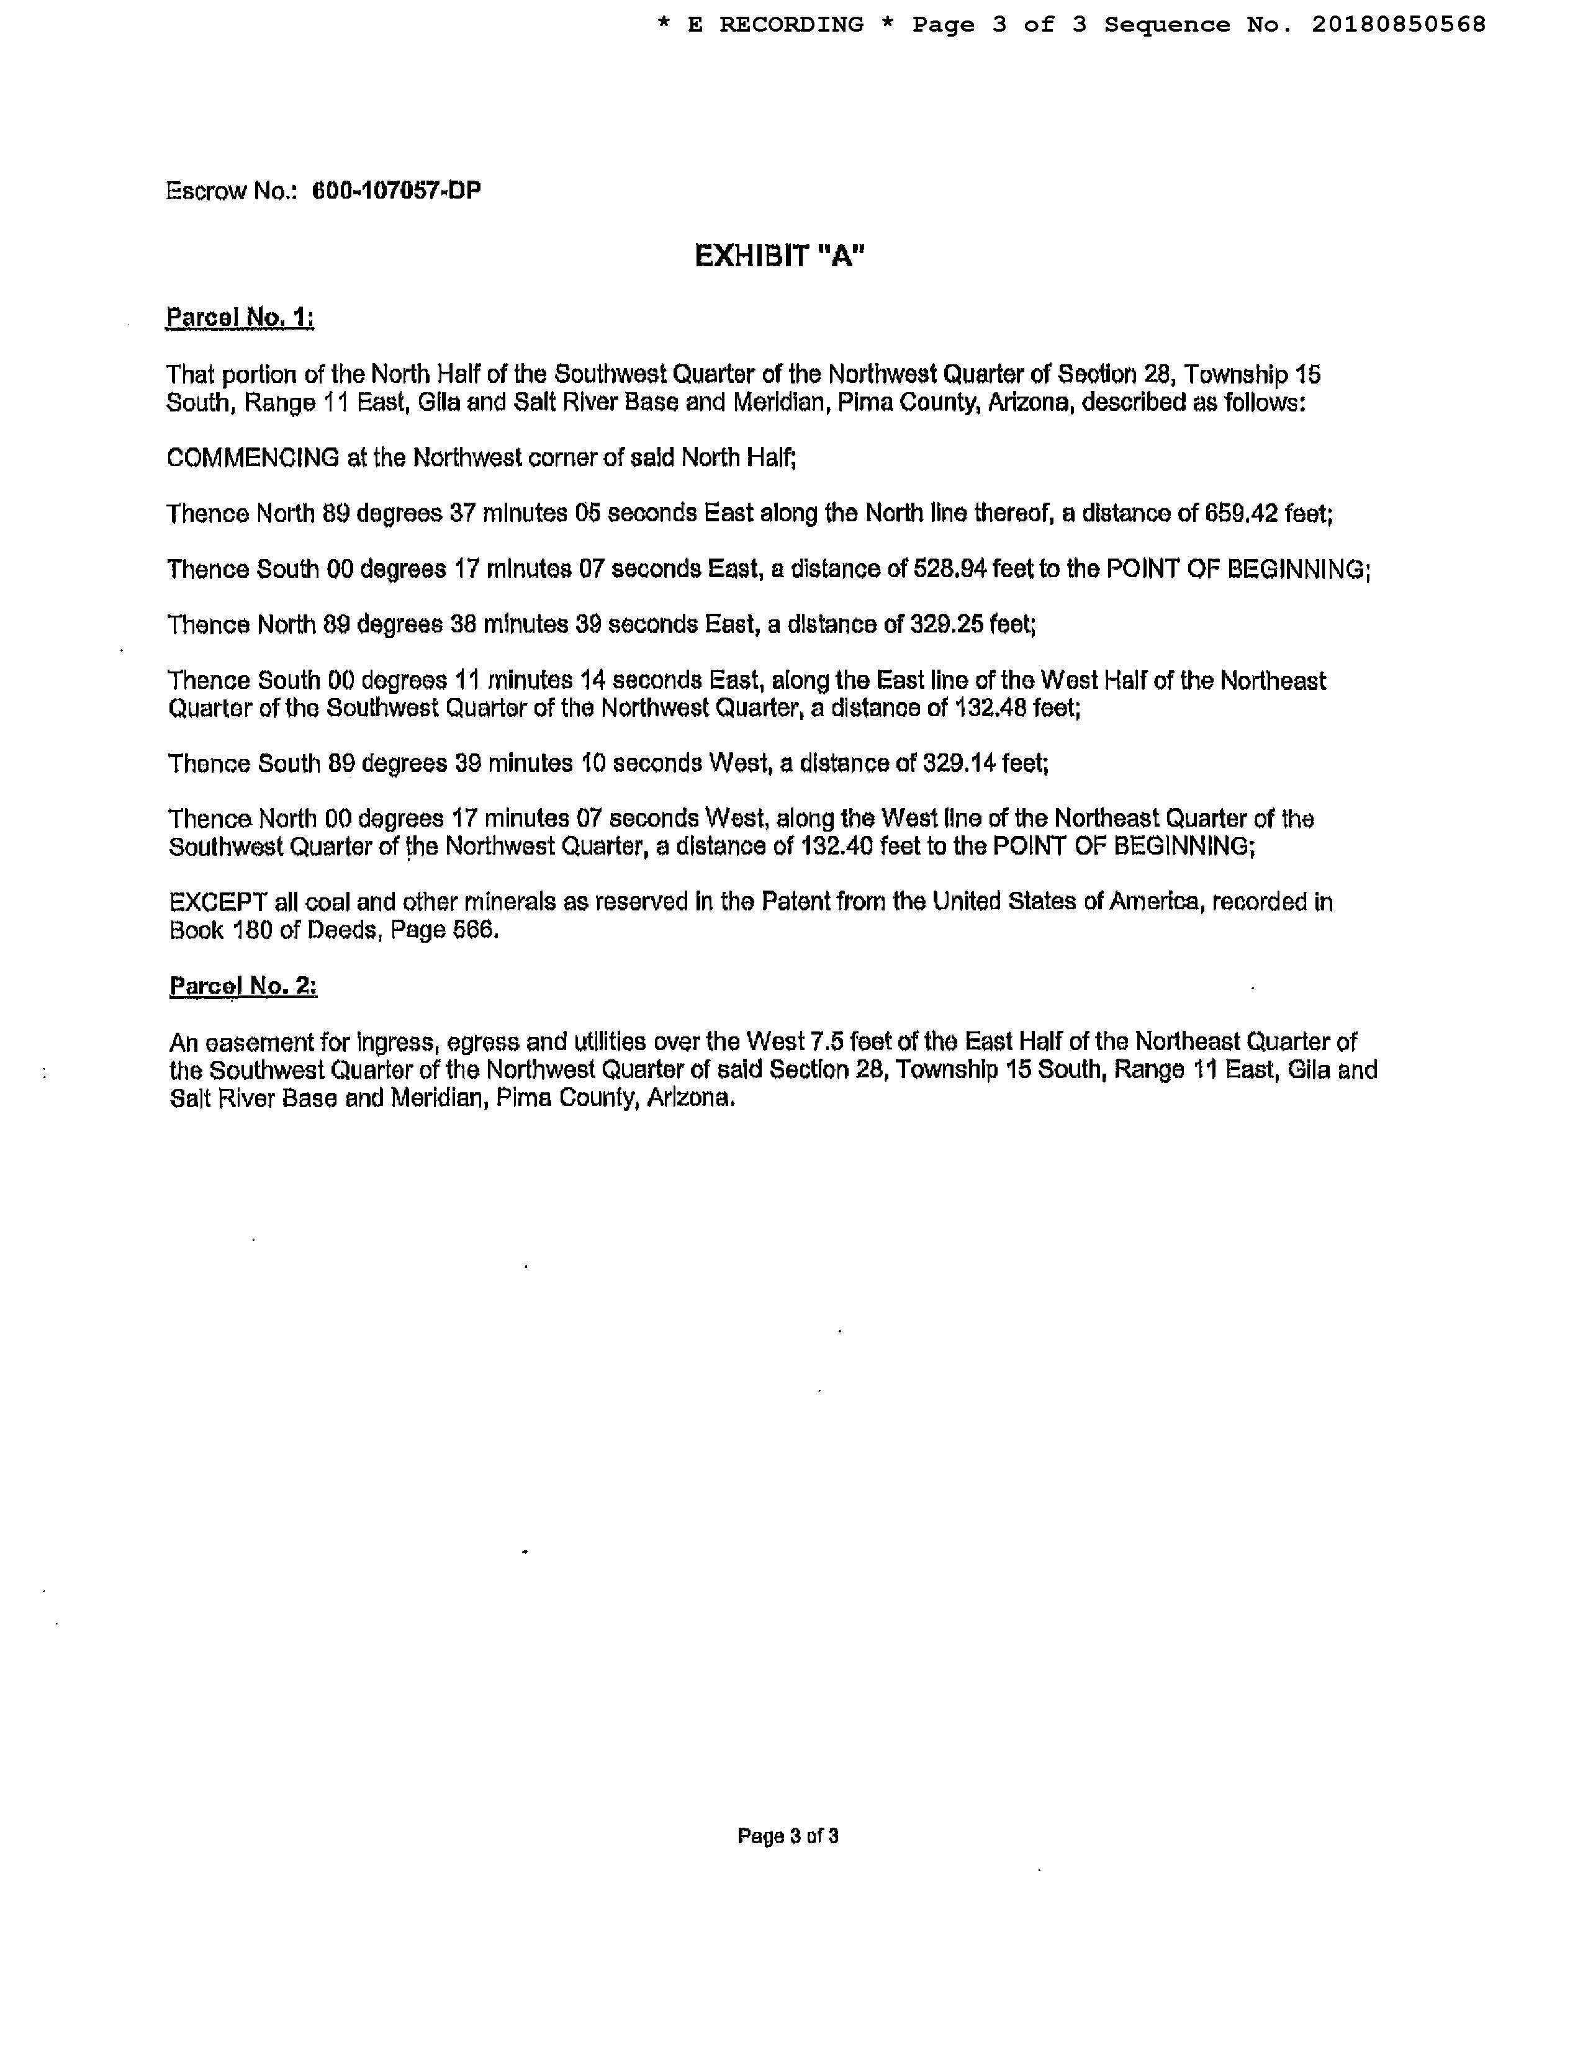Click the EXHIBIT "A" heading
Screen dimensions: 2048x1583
coord(779,256)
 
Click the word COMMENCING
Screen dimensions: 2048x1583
coord(253,459)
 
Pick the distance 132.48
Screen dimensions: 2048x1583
coord(990,708)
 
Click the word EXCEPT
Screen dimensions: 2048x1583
coord(219,902)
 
